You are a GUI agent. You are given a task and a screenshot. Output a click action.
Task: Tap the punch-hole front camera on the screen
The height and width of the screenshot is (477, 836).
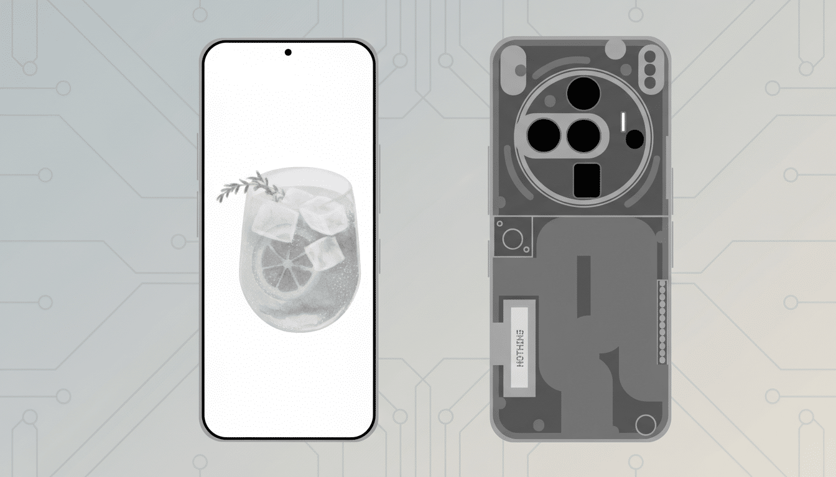pyautogui.click(x=288, y=52)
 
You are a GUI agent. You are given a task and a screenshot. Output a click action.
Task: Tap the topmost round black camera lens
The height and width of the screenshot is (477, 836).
pyautogui.click(x=583, y=94)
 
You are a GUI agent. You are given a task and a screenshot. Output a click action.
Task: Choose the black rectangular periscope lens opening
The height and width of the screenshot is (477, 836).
pyautogui.click(x=587, y=181)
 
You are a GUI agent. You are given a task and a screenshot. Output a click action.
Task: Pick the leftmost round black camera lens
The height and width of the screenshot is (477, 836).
pyautogui.click(x=544, y=135)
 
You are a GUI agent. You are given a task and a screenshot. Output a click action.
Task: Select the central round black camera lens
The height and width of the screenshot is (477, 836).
pyautogui.click(x=583, y=135)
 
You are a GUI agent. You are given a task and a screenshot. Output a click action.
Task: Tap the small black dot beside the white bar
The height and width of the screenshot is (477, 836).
pyautogui.click(x=634, y=139)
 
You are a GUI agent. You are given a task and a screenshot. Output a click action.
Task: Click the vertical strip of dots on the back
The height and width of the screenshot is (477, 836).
pyautogui.click(x=662, y=322)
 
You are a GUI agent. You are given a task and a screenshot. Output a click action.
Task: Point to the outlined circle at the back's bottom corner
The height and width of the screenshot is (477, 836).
pyautogui.click(x=646, y=425)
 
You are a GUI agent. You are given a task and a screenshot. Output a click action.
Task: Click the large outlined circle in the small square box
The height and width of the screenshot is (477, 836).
pyautogui.click(x=513, y=238)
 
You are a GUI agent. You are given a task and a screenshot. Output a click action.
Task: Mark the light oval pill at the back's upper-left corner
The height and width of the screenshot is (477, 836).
pyautogui.click(x=513, y=65)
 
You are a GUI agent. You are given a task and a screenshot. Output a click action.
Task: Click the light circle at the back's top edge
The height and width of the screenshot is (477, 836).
pyautogui.click(x=615, y=47)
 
